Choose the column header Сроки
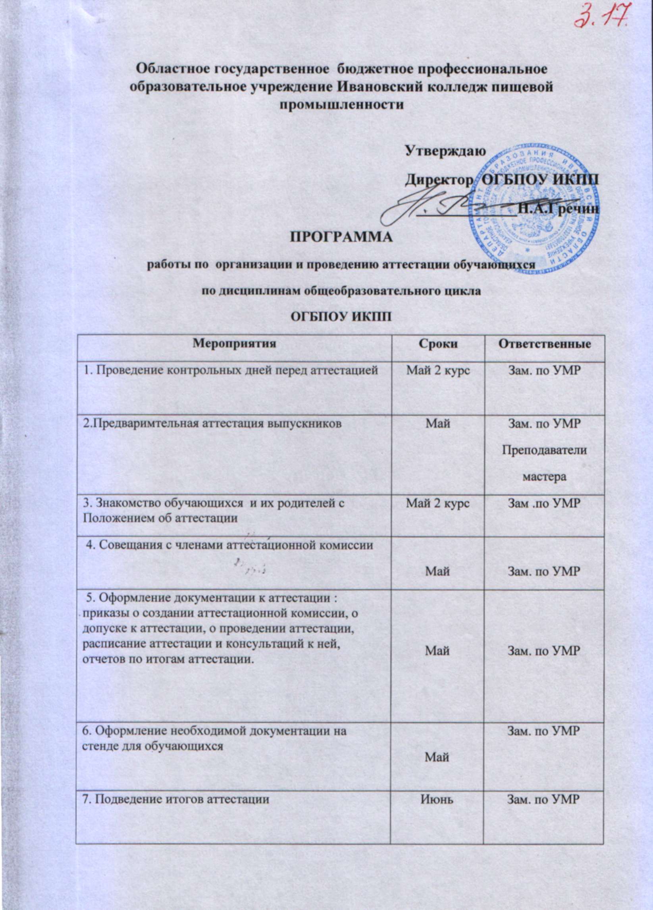tap(437, 344)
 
